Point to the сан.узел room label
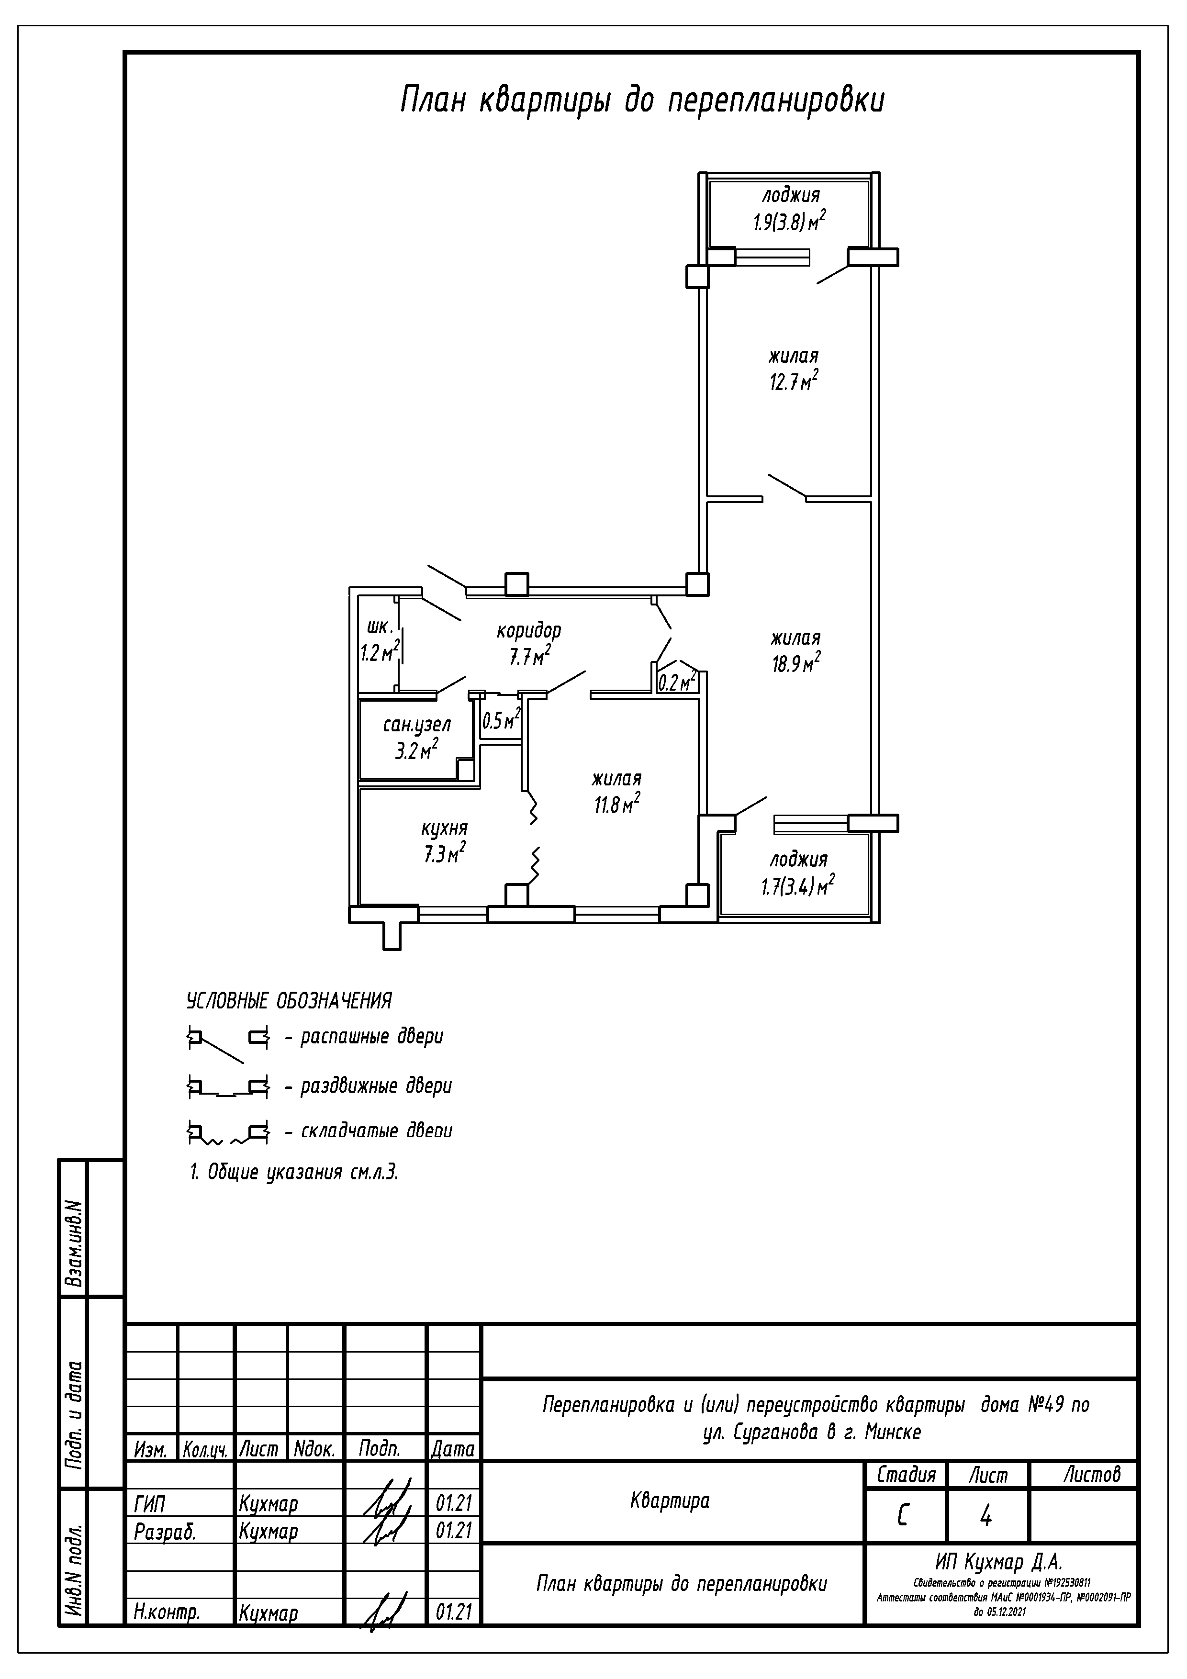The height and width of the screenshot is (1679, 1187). point(417,725)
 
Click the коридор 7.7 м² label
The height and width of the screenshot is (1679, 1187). point(529,644)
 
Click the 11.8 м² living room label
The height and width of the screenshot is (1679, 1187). point(616,792)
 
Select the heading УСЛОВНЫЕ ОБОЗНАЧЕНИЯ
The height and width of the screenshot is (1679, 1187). point(289,1000)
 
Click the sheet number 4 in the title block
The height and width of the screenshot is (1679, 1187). point(986,1517)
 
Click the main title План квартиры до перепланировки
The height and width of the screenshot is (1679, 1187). point(642,100)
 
